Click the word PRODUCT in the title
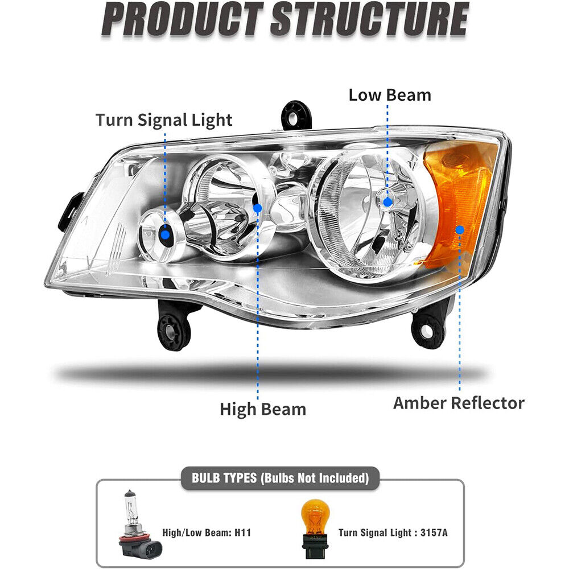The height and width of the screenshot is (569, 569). pyautogui.click(x=182, y=20)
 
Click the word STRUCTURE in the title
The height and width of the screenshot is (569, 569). pyautogui.click(x=369, y=20)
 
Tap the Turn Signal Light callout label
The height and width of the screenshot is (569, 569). pyautogui.click(x=164, y=120)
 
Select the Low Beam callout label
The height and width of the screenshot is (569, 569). pyautogui.click(x=390, y=94)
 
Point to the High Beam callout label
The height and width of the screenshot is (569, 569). pyautogui.click(x=263, y=409)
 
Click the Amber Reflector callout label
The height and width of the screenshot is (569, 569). pyautogui.click(x=459, y=403)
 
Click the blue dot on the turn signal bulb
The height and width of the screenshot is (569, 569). pyautogui.click(x=165, y=233)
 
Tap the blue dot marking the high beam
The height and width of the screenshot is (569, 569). pyautogui.click(x=257, y=208)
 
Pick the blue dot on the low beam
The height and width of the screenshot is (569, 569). pyautogui.click(x=388, y=201)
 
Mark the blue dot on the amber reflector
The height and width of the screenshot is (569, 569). pyautogui.click(x=460, y=230)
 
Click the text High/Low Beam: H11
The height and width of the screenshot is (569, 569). pyautogui.click(x=207, y=533)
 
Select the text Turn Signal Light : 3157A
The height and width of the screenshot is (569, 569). pyautogui.click(x=393, y=533)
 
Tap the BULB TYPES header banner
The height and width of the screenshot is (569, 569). pyautogui.click(x=280, y=478)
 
